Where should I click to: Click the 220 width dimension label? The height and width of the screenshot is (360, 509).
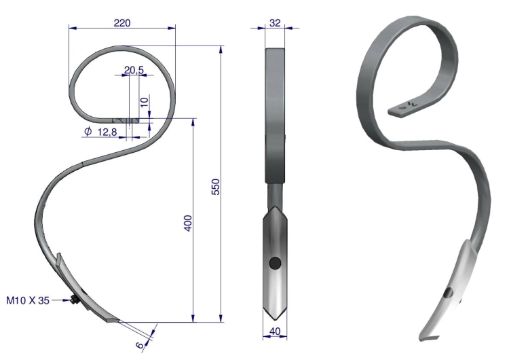[122, 23]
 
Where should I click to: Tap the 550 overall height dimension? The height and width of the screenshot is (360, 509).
[216, 187]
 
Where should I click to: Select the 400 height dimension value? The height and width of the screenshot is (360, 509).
[188, 223]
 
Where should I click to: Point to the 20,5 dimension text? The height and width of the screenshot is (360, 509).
[134, 69]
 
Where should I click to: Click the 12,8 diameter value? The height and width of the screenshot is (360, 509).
[107, 132]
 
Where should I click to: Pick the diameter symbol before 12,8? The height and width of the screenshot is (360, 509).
[88, 131]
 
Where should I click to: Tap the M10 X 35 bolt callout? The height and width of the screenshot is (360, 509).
[28, 300]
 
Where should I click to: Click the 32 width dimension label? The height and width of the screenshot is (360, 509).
[275, 23]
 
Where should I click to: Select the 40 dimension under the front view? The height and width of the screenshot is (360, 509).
[275, 331]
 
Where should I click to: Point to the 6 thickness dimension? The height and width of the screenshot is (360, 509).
[140, 345]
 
